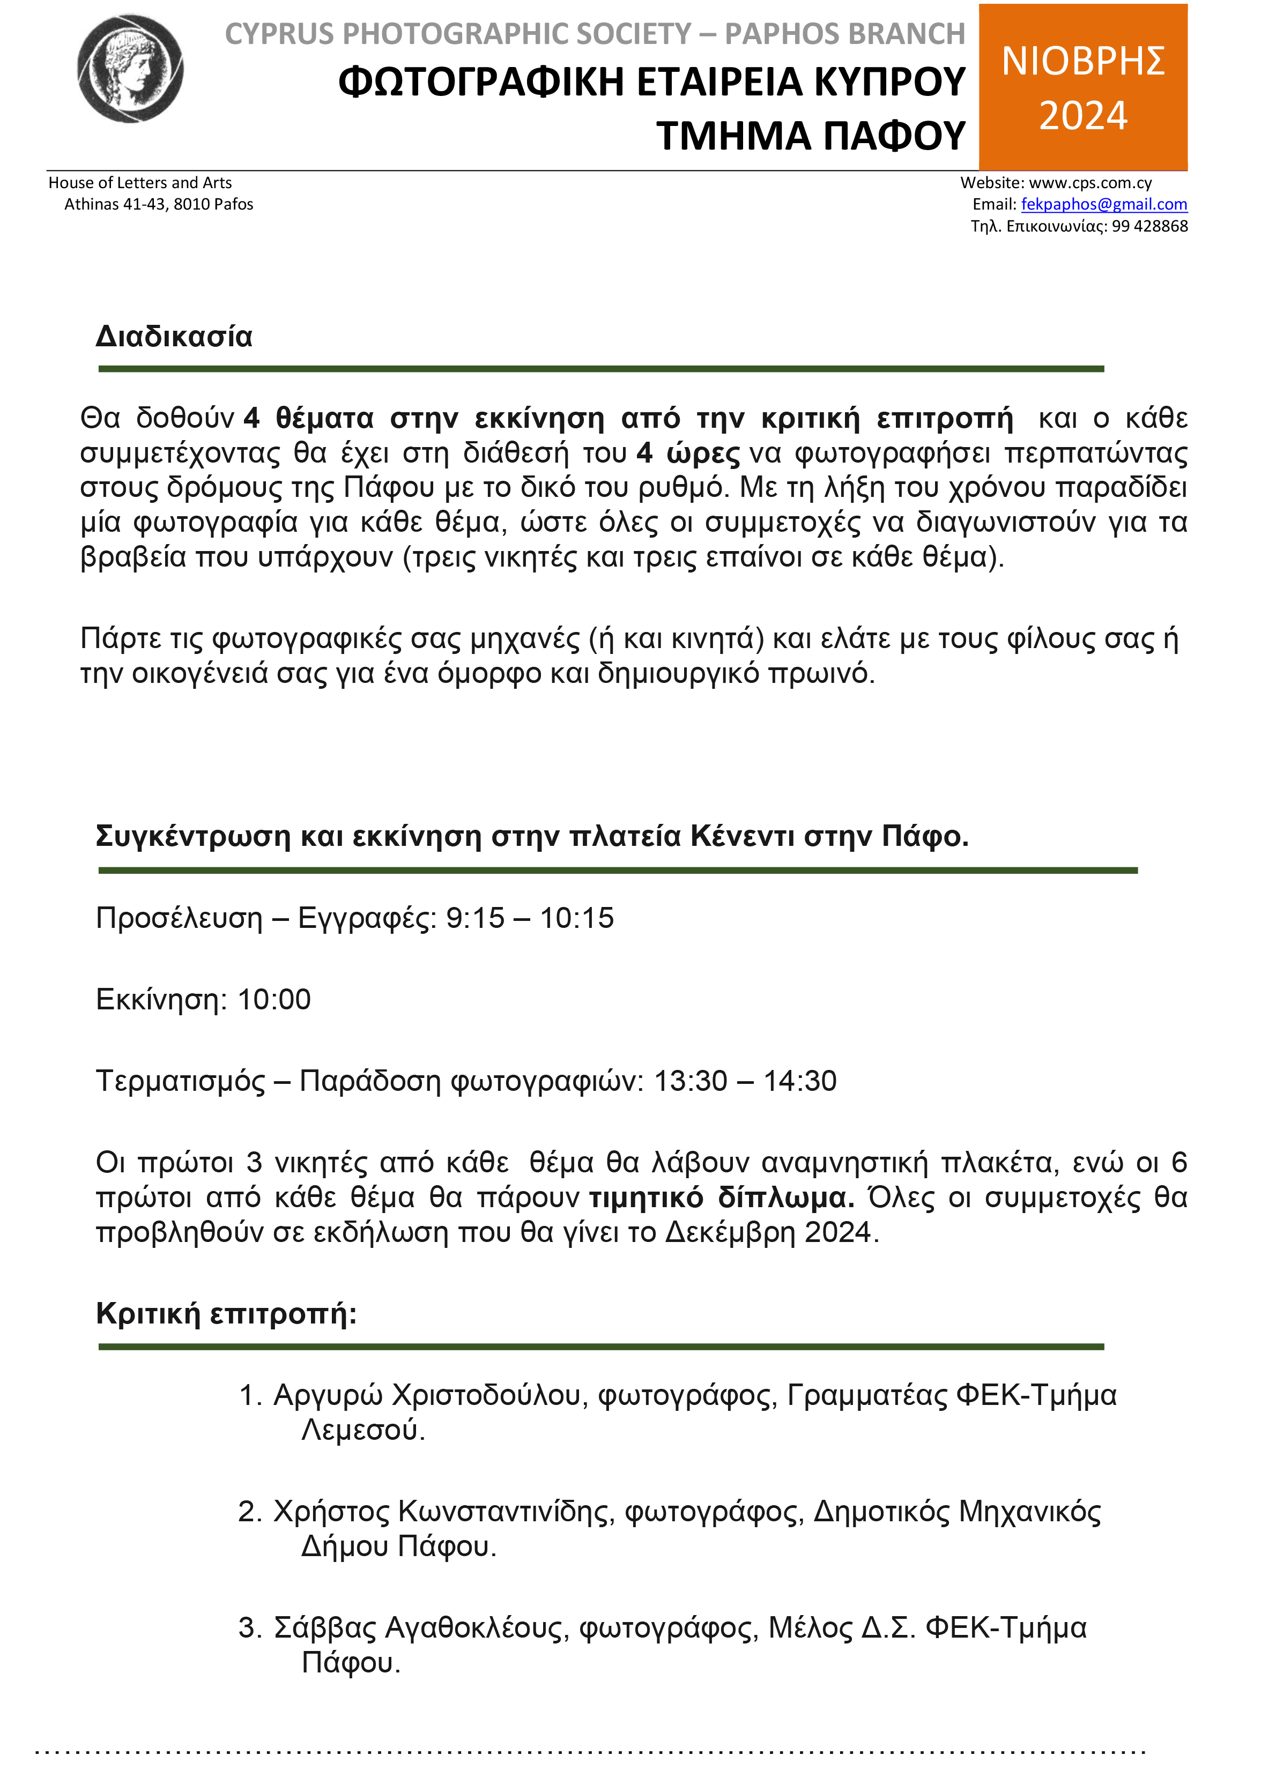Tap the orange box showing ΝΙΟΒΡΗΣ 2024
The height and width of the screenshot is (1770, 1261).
coord(1082,87)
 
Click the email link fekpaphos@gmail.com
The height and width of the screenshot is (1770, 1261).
coord(1103,204)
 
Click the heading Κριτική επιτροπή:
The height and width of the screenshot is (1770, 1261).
coord(226,1312)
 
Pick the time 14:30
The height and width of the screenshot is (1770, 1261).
coord(800,1081)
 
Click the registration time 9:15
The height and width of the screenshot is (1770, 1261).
coord(475,918)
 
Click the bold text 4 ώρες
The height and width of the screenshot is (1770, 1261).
coord(688,452)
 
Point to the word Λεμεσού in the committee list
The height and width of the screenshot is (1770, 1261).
coord(362,1430)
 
